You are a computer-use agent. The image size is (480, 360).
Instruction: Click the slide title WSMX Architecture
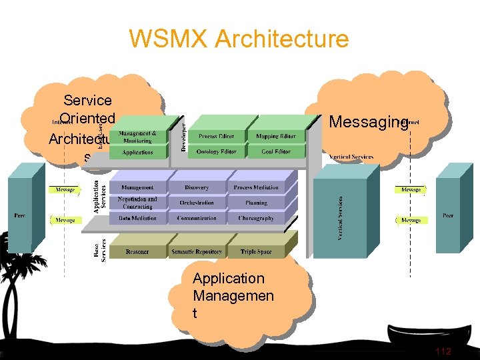pos(239,39)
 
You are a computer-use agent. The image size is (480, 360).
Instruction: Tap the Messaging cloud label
pos(368,121)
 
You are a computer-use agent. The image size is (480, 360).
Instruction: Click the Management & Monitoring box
pos(137,137)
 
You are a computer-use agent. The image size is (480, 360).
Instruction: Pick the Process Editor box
pos(216,137)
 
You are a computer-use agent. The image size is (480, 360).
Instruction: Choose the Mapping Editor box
pos(275,137)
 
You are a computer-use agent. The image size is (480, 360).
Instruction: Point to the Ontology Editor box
pos(216,152)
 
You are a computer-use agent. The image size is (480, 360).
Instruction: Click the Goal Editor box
pos(275,152)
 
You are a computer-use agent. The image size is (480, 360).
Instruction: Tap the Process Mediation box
pos(256,188)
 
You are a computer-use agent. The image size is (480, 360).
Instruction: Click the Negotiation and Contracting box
pos(137,203)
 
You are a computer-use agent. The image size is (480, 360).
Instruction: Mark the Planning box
pos(256,203)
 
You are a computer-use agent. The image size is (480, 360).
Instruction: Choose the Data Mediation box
pos(137,218)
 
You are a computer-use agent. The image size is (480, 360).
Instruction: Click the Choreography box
pos(256,218)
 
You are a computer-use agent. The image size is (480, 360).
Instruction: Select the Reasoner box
pos(137,252)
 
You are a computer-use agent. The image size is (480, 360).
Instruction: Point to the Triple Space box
pos(256,252)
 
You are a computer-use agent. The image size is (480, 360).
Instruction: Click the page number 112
pos(443,351)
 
